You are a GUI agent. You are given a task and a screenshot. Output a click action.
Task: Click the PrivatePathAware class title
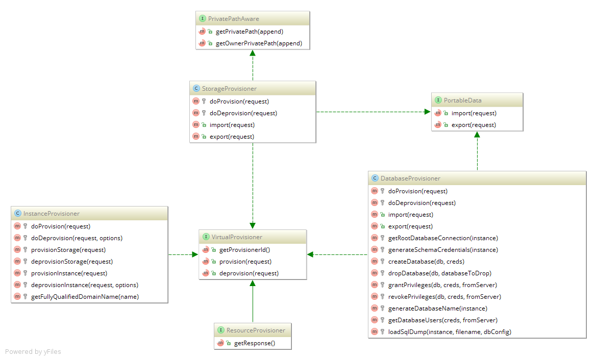click(233, 19)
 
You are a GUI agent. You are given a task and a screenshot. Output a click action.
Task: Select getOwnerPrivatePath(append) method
click(259, 43)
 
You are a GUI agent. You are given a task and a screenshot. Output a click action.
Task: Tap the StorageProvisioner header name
click(229, 89)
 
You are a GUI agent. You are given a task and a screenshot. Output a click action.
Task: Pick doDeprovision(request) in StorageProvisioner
click(243, 113)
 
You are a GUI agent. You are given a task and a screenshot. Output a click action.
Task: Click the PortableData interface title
click(463, 100)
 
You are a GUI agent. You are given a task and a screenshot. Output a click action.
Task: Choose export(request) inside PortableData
click(474, 125)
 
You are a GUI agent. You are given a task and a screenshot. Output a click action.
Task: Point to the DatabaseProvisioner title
click(410, 178)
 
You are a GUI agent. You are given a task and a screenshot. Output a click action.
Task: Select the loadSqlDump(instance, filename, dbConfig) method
click(450, 332)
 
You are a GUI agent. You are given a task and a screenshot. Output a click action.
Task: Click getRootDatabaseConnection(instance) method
click(443, 238)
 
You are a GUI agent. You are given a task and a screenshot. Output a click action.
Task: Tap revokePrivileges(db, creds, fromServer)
click(445, 297)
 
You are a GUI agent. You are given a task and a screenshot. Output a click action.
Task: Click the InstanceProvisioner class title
click(52, 214)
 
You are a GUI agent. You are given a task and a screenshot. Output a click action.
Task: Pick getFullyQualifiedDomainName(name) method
click(85, 297)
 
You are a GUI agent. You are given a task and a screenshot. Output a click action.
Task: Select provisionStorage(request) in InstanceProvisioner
click(68, 250)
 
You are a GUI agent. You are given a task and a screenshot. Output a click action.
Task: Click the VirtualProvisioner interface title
click(237, 237)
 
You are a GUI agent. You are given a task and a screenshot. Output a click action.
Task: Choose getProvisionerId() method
click(244, 250)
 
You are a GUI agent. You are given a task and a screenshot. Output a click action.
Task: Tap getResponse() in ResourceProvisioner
click(255, 343)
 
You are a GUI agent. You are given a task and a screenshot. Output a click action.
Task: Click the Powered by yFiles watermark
click(33, 352)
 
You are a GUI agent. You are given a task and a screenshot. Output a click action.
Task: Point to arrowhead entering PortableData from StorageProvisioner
click(428, 112)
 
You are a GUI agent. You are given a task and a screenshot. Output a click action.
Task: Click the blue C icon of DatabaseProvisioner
click(375, 178)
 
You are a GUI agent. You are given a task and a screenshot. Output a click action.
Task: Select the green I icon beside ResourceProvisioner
click(221, 330)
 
